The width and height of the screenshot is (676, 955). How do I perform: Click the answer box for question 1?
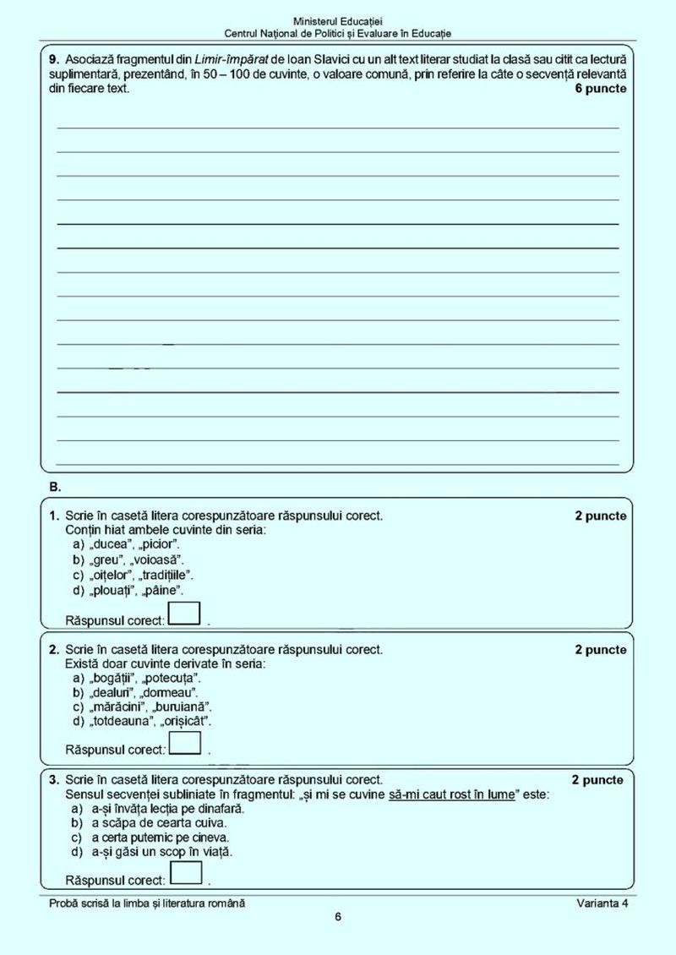point(185,613)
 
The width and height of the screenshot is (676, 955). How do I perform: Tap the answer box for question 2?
point(185,742)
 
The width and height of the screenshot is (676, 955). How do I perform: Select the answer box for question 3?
point(185,873)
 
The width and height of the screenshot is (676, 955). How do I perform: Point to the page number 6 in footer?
point(338,918)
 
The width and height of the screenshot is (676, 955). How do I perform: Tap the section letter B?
point(55,488)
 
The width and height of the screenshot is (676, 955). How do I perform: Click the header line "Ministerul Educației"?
point(338,19)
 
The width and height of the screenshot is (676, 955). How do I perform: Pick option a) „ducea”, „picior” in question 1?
point(125,544)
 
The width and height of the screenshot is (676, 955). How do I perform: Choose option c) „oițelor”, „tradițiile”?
point(134,575)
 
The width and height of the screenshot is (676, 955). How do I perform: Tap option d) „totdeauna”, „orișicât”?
point(141,721)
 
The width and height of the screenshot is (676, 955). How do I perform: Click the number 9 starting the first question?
point(53,60)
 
